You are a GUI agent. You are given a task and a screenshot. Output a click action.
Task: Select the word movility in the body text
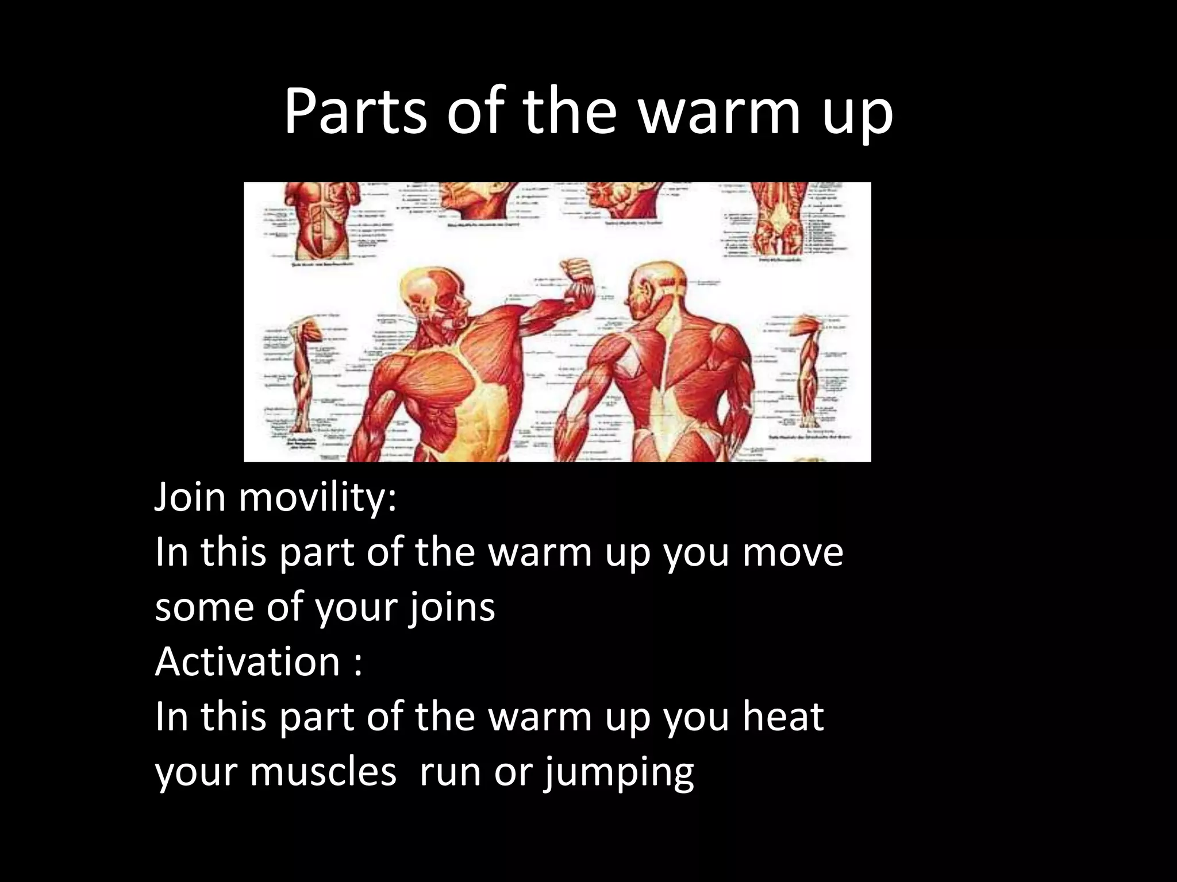pos(317,497)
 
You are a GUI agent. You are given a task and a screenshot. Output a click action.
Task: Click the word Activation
pos(248,662)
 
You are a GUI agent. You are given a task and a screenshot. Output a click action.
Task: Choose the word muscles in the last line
pos(323,772)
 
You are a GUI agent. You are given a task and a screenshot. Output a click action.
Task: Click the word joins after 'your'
pos(451,608)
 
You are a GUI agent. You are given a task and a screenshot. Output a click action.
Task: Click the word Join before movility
pos(190,497)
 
